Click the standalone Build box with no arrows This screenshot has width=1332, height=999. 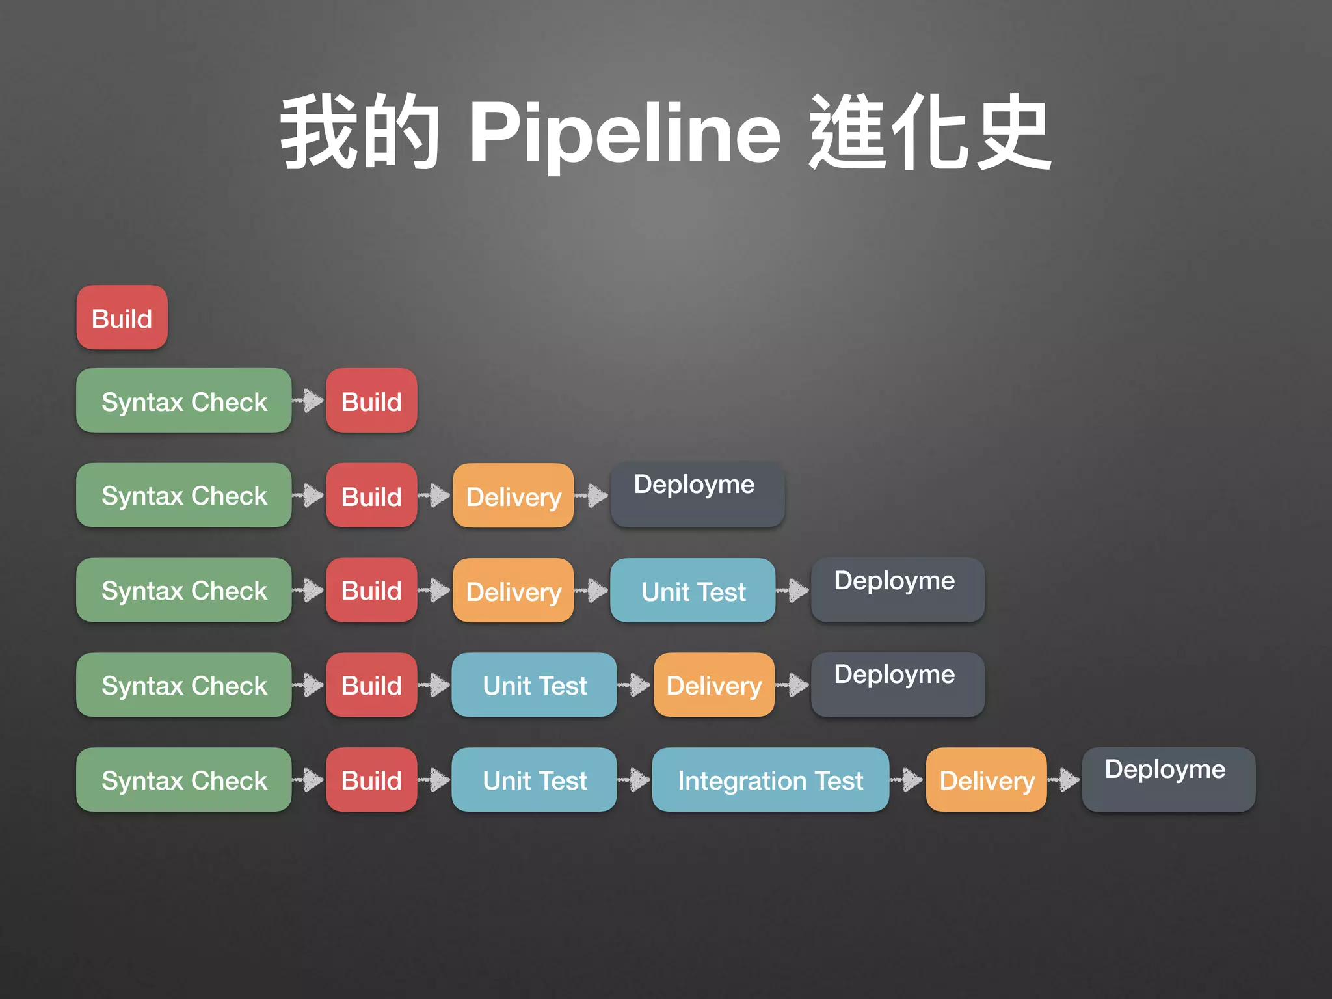coord(122,317)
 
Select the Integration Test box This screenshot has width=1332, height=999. coord(770,780)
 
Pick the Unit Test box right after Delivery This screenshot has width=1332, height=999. coord(693,591)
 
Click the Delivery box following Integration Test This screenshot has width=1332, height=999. coord(986,780)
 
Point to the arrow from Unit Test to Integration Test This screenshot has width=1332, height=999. coord(634,779)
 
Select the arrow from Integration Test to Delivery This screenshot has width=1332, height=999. coord(907,779)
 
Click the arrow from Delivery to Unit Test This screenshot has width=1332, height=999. coord(592,591)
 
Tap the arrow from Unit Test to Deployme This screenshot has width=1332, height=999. coord(793,591)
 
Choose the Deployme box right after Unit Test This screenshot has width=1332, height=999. coord(898,589)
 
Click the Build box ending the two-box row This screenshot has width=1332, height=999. coord(371,401)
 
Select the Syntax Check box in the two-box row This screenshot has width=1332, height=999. coord(184,401)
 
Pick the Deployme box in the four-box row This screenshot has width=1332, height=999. coord(697,495)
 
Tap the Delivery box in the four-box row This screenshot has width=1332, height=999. coord(513,496)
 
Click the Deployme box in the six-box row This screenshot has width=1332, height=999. coord(1168,779)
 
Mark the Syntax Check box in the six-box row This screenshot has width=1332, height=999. coord(184,780)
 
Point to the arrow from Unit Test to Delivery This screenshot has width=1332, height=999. coord(634,685)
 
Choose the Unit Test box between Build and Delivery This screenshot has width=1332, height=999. coord(534,685)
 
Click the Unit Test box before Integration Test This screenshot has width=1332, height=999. coord(534,780)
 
